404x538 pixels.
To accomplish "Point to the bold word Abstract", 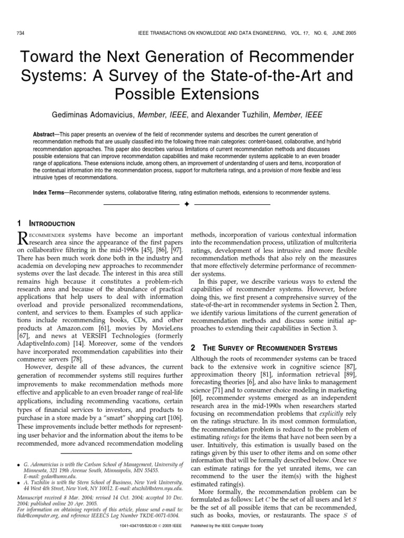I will tap(44, 134).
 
